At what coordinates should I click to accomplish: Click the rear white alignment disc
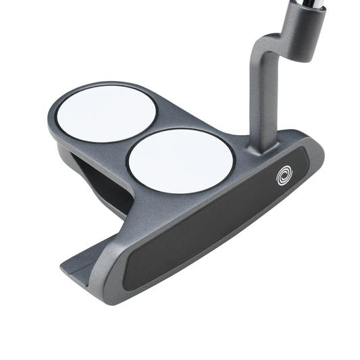pos(103,114)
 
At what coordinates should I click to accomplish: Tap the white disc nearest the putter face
pos(180,160)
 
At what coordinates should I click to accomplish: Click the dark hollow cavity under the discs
pos(101,182)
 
